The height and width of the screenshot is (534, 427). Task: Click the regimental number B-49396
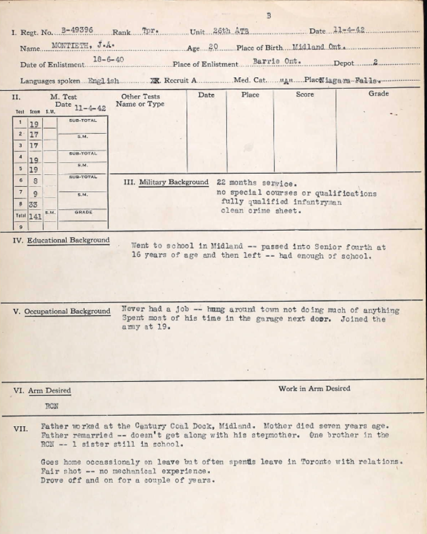tap(77, 30)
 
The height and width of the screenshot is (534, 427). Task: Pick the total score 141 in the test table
tap(35, 217)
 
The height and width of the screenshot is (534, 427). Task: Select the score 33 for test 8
tap(33, 204)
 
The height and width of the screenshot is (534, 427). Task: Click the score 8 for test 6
tap(35, 181)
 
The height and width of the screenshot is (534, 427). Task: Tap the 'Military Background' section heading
tap(173, 182)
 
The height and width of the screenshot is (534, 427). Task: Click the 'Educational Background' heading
tap(68, 240)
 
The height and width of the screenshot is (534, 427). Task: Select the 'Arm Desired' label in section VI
tap(50, 390)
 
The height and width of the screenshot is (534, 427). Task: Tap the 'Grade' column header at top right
tap(378, 93)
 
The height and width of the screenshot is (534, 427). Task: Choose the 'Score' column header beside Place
tap(305, 95)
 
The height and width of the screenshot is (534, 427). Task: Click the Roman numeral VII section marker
tap(21, 428)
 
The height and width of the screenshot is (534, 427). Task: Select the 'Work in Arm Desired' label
tap(314, 389)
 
